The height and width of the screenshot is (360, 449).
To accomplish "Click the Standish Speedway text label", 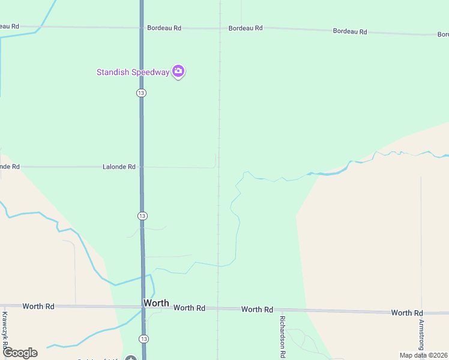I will [x=133, y=73].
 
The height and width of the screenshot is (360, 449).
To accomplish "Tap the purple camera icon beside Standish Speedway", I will [x=178, y=71].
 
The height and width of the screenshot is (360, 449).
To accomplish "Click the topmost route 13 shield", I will [x=141, y=93].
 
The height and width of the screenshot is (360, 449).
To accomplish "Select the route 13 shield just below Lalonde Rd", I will [x=142, y=216].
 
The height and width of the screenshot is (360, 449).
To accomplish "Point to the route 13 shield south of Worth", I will [x=143, y=340].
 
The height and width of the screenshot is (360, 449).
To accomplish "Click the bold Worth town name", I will [x=156, y=304].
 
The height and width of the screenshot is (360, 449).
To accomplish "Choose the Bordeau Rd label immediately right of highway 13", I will [x=164, y=28].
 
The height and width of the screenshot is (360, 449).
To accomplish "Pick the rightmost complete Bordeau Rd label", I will [x=350, y=31].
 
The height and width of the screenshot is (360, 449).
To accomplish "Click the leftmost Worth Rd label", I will [x=38, y=307].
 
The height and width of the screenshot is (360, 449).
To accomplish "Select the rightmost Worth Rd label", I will [x=407, y=313].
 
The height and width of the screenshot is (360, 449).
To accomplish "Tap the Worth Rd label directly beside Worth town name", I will [x=189, y=308].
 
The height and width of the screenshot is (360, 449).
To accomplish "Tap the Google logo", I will [x=20, y=353].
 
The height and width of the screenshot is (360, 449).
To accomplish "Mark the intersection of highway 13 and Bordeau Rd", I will [x=142, y=28].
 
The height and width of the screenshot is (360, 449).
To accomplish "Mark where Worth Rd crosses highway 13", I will [x=143, y=307].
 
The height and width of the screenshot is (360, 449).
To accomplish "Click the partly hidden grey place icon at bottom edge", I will [x=131, y=358].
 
